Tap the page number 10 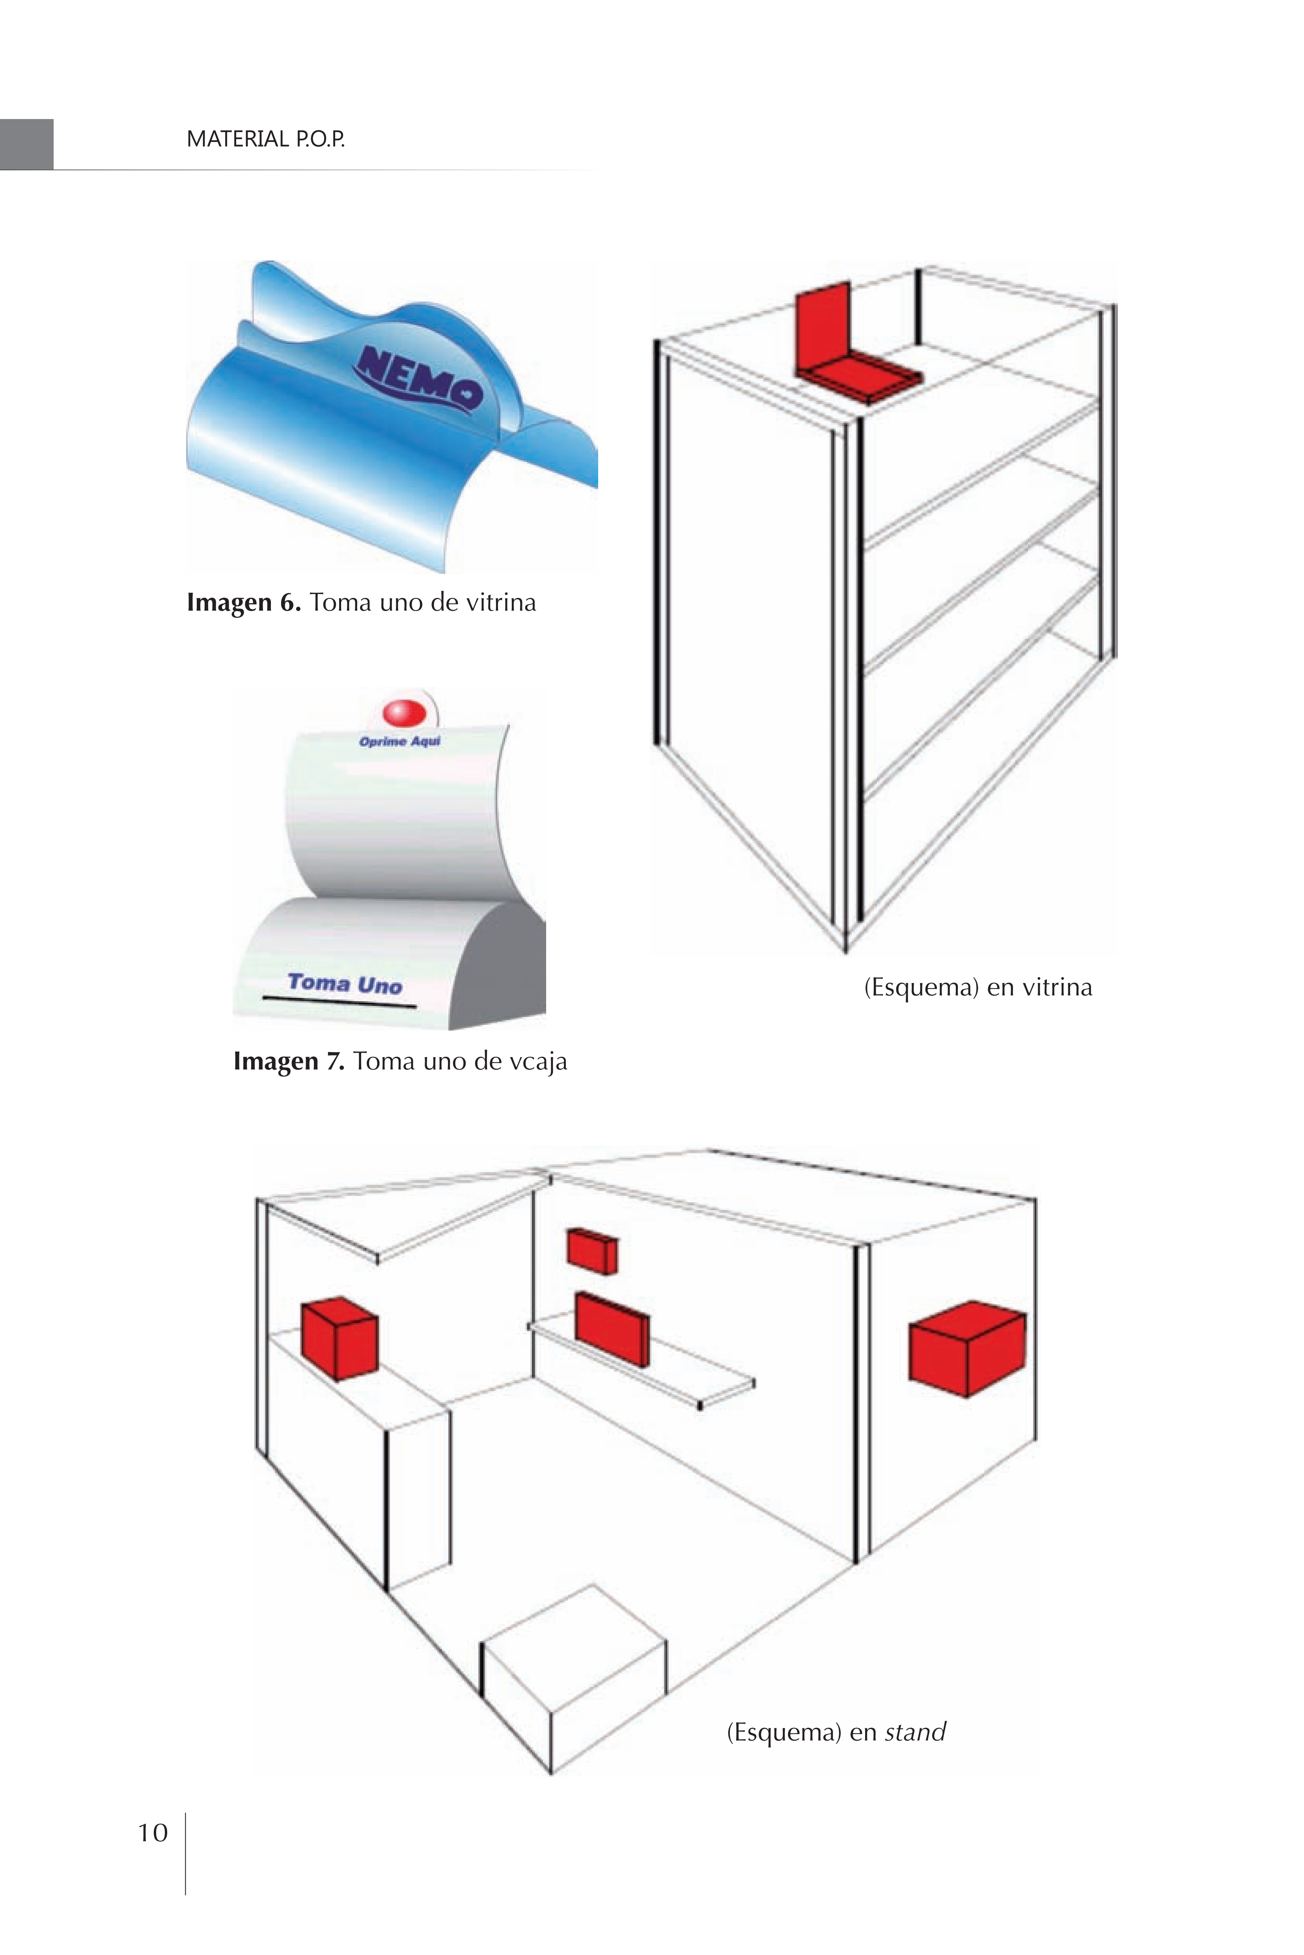click(x=152, y=1833)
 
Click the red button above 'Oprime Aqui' click(x=404, y=712)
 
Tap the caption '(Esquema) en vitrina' click(x=978, y=987)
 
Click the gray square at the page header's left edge click(x=26, y=145)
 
